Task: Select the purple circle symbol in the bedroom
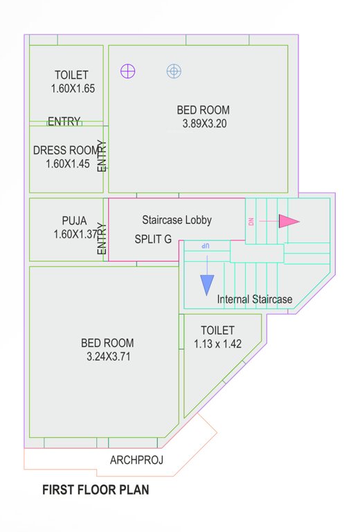click(127, 71)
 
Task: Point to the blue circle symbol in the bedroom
click(174, 71)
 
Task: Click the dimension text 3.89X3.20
click(204, 125)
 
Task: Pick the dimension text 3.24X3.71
click(107, 357)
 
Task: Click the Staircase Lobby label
click(177, 220)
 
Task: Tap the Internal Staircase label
click(255, 300)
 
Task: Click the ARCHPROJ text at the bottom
click(136, 460)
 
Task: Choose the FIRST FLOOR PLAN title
click(96, 490)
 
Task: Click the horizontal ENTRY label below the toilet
click(64, 122)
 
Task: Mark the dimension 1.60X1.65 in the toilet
click(73, 89)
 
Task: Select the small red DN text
click(251, 222)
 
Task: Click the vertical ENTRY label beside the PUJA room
click(102, 238)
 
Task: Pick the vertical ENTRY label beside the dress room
click(102, 157)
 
